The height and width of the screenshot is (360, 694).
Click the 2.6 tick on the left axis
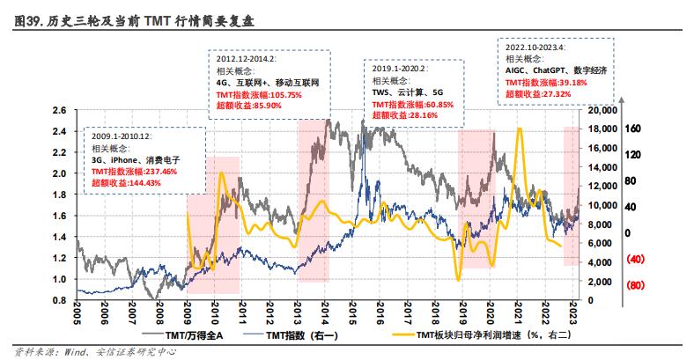pyautogui.click(x=60, y=110)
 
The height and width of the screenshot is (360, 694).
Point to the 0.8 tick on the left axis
pyautogui.click(x=60, y=300)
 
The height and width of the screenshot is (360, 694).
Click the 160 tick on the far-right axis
pyautogui.click(x=632, y=128)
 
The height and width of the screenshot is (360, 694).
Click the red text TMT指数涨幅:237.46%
pyautogui.click(x=134, y=172)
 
